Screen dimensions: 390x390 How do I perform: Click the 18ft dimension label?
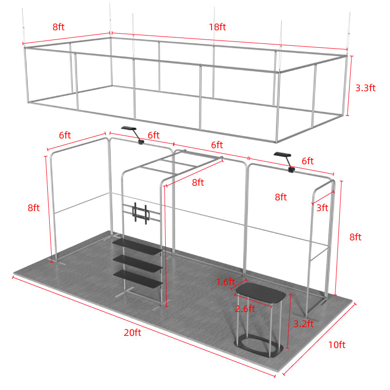[x=217, y=27]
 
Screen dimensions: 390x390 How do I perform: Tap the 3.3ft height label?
[x=365, y=88]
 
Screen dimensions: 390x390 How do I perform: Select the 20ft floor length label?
[x=132, y=332]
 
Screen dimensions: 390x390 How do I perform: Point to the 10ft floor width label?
[x=336, y=345]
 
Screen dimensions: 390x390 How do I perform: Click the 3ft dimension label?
[x=322, y=208]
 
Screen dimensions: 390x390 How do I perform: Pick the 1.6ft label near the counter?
[x=226, y=282]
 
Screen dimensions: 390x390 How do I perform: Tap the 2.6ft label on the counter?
[x=245, y=309]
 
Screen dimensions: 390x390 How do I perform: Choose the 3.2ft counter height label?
[x=303, y=323]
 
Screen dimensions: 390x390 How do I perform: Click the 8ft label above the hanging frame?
[x=58, y=27]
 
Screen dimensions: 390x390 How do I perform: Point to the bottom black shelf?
[x=138, y=277]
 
